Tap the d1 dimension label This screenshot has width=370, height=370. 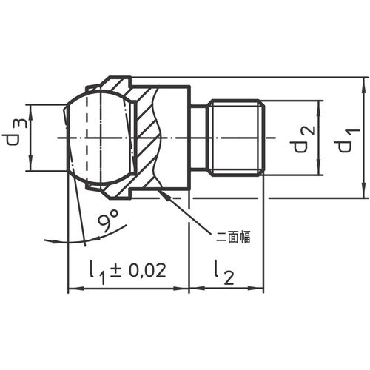pyautogui.click(x=346, y=140)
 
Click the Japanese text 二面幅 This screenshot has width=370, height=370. pyautogui.click(x=233, y=237)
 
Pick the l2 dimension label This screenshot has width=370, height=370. pyautogui.click(x=223, y=272)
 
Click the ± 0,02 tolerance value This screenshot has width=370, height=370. pyautogui.click(x=138, y=270)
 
